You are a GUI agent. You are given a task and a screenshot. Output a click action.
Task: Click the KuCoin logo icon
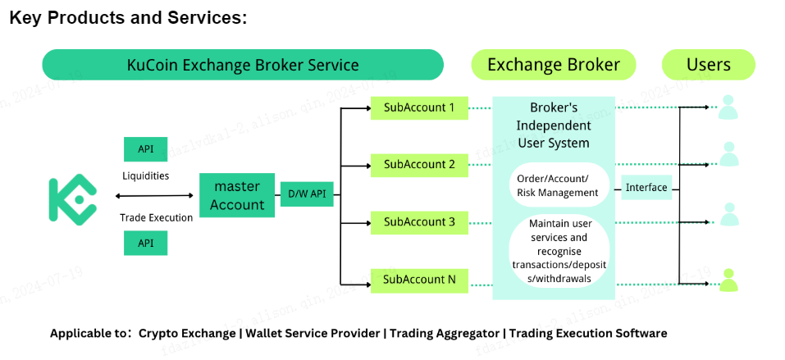72,198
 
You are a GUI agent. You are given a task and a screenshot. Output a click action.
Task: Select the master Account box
237,195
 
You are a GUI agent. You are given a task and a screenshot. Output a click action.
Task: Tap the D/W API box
307,194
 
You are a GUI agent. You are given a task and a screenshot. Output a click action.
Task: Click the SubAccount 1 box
419,107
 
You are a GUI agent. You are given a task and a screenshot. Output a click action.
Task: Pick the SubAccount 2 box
419,165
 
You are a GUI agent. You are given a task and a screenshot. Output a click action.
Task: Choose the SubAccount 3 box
419,222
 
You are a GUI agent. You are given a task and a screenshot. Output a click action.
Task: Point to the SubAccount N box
419,280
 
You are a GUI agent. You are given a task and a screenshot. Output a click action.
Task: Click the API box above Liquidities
146,149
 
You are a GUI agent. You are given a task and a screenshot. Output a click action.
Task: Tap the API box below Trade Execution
146,243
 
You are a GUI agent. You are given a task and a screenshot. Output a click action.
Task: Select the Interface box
646,188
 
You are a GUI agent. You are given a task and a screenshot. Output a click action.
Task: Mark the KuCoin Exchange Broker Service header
243,65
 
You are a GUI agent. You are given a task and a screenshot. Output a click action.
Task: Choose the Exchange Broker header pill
554,65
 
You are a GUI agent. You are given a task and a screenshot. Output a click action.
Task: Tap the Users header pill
708,65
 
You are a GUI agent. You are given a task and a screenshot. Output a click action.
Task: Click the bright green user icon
728,280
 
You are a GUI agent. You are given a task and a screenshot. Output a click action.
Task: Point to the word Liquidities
145,175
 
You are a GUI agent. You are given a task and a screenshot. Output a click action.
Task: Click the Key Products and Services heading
128,18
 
